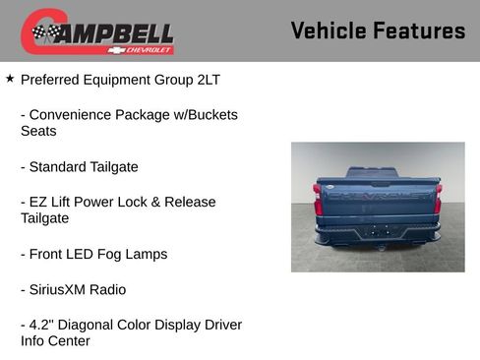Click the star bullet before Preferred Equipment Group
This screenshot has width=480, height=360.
point(10,78)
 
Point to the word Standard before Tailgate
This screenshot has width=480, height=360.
point(60,167)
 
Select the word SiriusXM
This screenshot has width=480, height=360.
point(62,290)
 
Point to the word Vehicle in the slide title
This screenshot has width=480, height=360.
point(328,30)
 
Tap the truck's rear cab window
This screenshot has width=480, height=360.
point(372,172)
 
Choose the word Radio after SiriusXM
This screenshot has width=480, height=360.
point(106,290)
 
